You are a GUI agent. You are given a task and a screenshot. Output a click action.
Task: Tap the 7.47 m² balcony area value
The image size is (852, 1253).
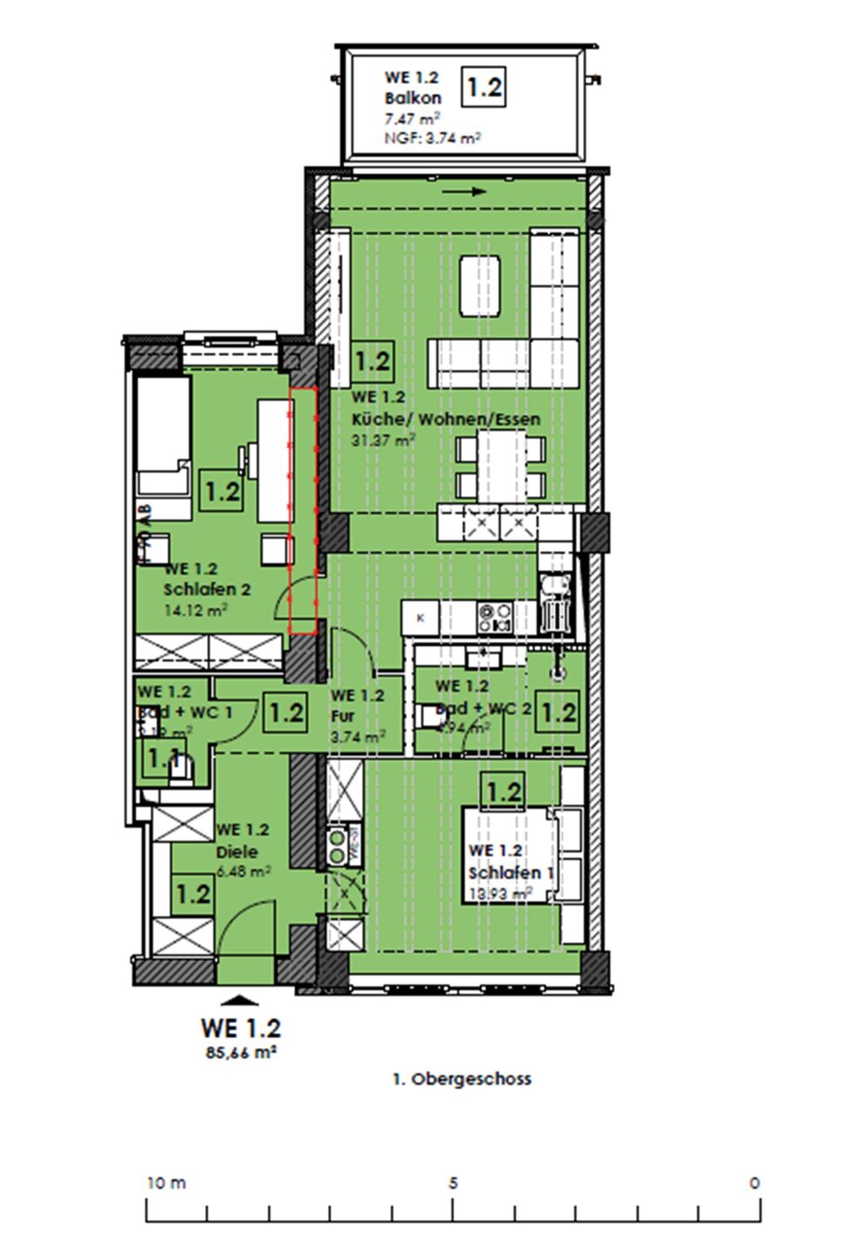pyautogui.click(x=412, y=118)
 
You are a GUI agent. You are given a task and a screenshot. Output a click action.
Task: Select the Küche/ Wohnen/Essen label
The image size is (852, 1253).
pyautogui.click(x=446, y=419)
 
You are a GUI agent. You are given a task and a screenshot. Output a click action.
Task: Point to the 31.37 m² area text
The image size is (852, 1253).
pyautogui.click(x=383, y=440)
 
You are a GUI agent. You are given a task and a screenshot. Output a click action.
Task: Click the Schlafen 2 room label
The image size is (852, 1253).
pyautogui.click(x=207, y=589)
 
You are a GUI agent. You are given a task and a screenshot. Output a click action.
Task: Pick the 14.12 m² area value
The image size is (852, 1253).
pyautogui.click(x=195, y=610)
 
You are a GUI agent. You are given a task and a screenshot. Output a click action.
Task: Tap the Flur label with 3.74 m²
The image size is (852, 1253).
pyautogui.click(x=343, y=717)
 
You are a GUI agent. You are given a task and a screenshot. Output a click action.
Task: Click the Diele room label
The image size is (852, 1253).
pyautogui.click(x=237, y=852)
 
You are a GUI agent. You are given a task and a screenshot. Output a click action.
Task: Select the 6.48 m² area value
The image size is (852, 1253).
pyautogui.click(x=242, y=870)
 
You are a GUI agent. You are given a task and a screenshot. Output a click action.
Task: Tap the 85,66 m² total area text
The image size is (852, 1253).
pyautogui.click(x=239, y=1051)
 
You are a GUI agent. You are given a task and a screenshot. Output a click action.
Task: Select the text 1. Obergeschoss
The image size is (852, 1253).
pyautogui.click(x=461, y=1079)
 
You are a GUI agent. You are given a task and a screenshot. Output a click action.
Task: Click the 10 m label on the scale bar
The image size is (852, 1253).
pyautogui.click(x=166, y=1183)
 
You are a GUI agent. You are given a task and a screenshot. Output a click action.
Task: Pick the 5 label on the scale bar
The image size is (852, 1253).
pyautogui.click(x=453, y=1183)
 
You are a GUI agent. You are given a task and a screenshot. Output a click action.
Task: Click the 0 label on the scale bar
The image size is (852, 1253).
pyautogui.click(x=754, y=1183)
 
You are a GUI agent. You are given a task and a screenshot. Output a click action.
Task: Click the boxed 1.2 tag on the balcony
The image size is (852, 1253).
pyautogui.click(x=483, y=87)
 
